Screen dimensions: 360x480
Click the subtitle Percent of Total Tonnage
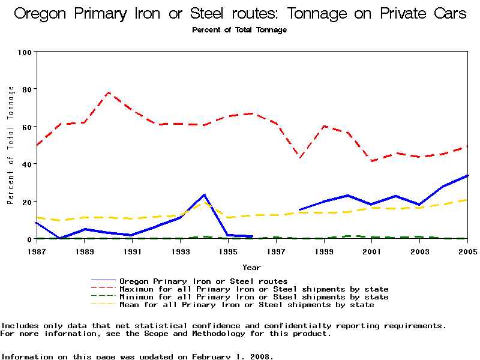[239, 30]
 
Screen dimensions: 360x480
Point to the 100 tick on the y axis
[25, 52]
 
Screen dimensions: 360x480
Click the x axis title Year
[251, 267]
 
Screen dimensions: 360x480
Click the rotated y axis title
[11, 145]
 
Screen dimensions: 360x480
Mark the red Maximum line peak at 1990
[109, 92]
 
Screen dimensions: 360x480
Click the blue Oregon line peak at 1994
[205, 194]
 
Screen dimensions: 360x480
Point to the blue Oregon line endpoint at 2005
[467, 176]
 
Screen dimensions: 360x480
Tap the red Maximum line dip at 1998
[300, 157]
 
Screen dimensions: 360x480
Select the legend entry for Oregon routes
[203, 281]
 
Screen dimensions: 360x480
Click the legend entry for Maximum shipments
[254, 289]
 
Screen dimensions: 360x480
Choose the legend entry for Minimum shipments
[254, 296]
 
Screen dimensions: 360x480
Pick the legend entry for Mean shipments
[247, 304]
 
